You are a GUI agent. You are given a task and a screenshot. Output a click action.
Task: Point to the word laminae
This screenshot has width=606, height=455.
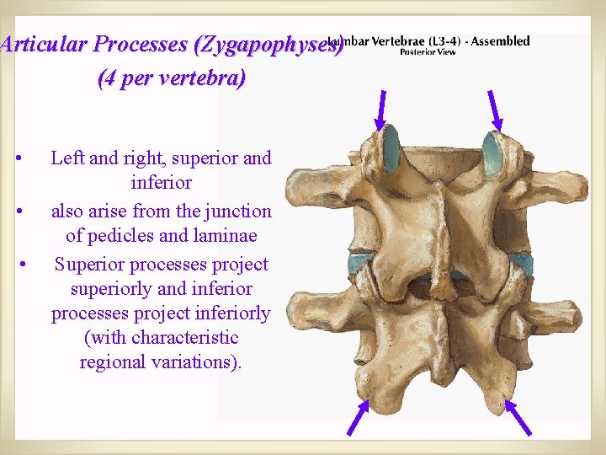(x=226, y=236)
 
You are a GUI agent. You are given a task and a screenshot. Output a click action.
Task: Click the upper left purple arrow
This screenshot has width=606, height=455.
(x=382, y=109)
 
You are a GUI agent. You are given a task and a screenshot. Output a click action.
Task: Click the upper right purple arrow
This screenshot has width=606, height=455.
(x=495, y=109)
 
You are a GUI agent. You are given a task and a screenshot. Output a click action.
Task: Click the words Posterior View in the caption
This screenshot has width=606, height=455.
(x=428, y=52)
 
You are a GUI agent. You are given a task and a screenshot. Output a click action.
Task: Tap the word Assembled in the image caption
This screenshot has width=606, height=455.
(x=502, y=40)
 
